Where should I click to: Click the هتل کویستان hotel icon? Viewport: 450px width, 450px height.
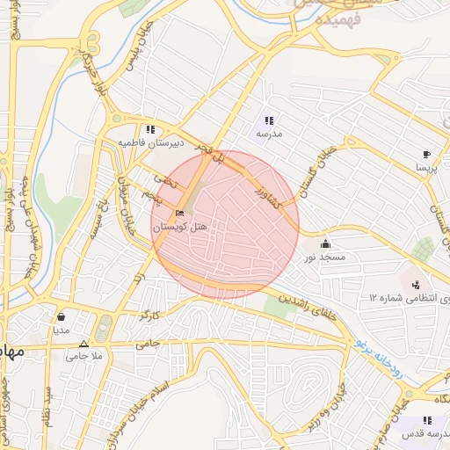[x=180, y=214]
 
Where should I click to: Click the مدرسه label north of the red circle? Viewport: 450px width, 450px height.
[x=269, y=134]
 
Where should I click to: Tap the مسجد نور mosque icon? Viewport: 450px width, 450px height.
[x=326, y=244]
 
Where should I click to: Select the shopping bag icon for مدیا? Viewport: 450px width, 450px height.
[x=61, y=316]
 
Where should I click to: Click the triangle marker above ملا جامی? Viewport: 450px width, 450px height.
[x=83, y=344]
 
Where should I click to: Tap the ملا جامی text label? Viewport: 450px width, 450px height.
[x=84, y=356]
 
